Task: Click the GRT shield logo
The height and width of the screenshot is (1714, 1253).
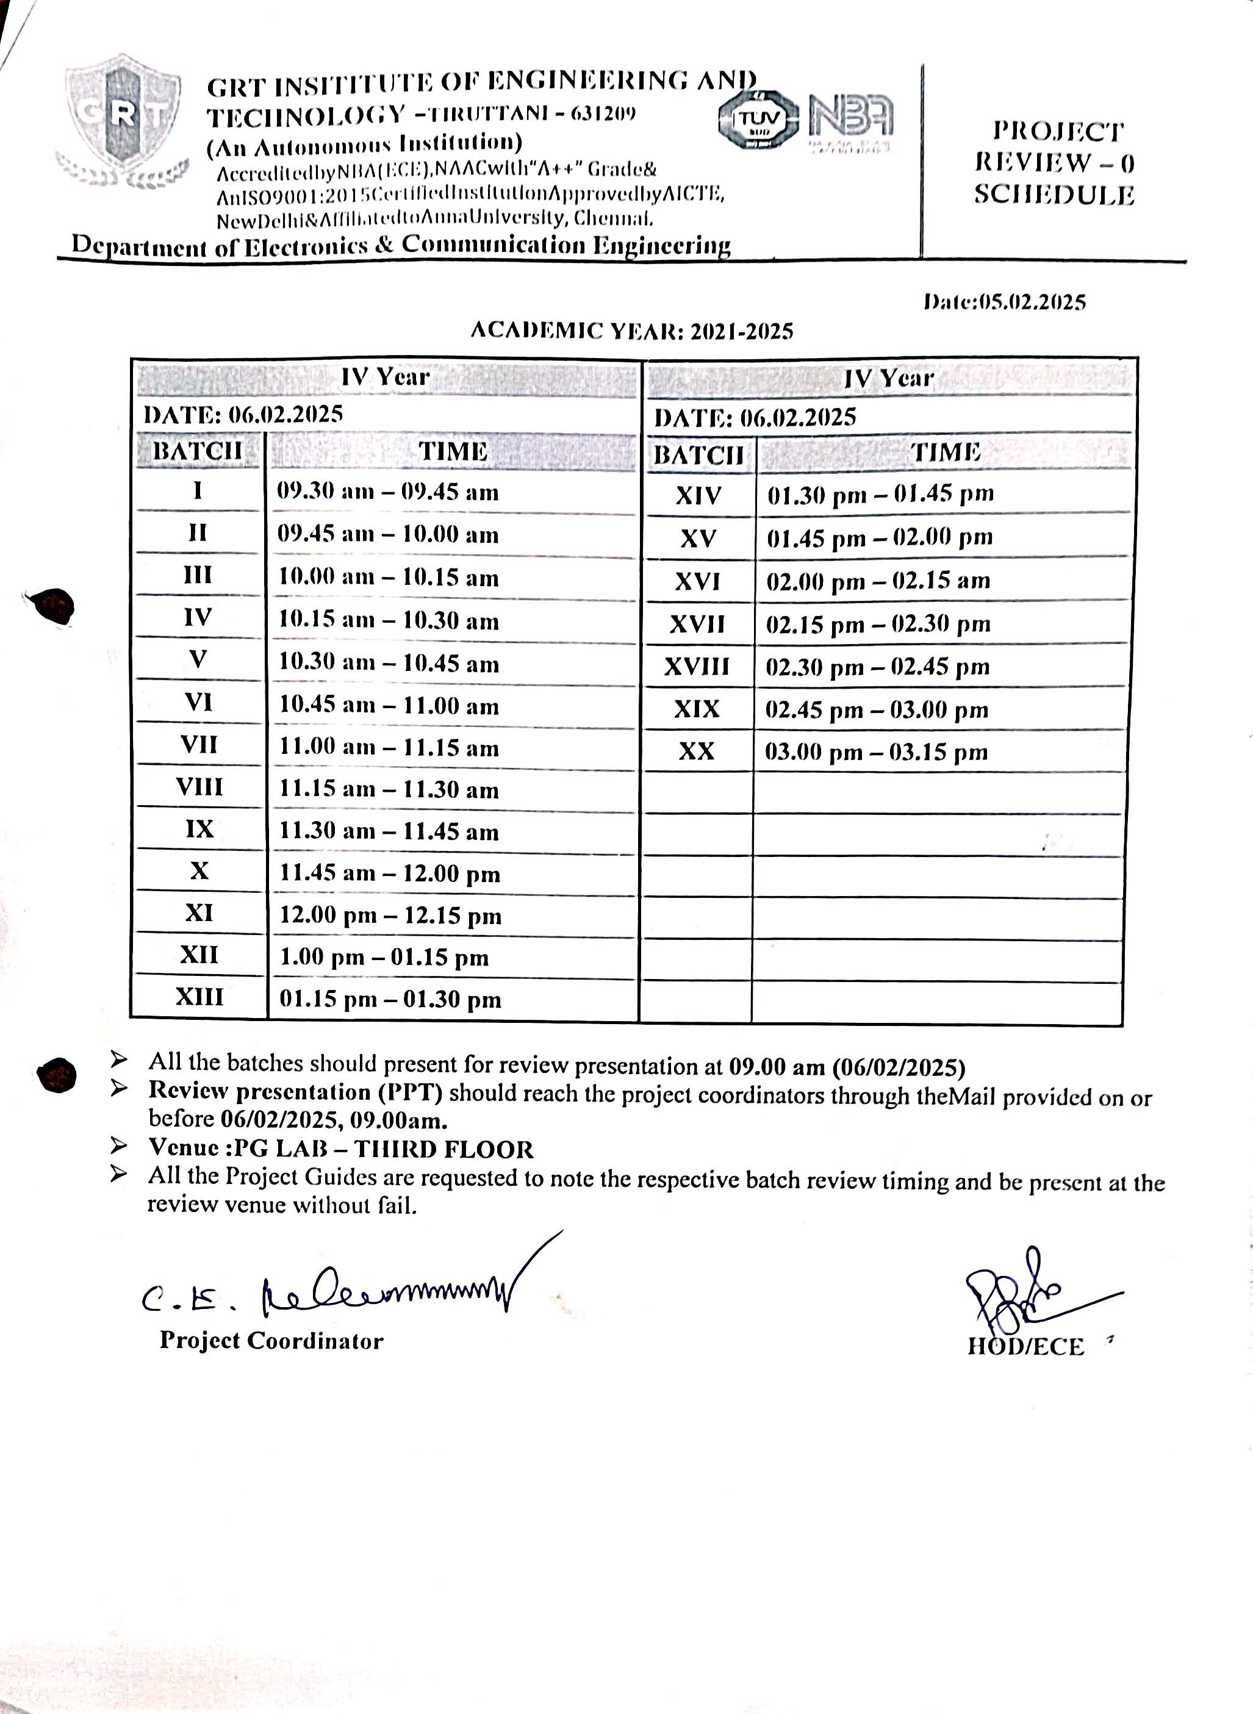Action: coord(121,114)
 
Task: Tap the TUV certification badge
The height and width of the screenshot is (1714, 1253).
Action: coord(757,120)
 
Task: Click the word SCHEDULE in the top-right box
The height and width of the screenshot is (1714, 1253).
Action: coord(1054,195)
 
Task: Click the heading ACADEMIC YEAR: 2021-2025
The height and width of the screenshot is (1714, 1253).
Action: coord(632,331)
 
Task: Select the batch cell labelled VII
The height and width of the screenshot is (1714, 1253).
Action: coord(199,745)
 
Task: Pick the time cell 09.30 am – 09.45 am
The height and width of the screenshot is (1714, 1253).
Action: coord(387,492)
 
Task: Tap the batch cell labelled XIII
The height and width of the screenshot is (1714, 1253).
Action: coord(199,997)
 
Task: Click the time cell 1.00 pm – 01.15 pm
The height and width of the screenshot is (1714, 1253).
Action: coord(384,957)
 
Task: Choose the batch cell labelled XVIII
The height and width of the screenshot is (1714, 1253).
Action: coord(696,667)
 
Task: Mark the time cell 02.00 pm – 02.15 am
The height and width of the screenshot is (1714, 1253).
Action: coord(878,581)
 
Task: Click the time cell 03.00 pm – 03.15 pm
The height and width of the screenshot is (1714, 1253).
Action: coord(876,752)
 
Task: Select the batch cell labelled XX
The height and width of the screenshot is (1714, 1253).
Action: coord(696,751)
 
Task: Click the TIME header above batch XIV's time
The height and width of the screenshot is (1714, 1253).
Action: coord(945,453)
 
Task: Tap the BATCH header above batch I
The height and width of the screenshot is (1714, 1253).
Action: coord(197,451)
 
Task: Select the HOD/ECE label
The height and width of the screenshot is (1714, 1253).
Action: coord(1025,1346)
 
